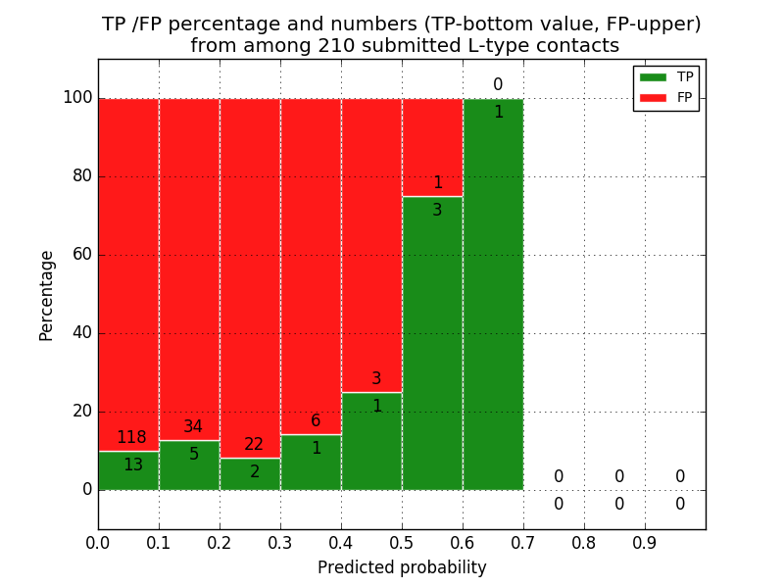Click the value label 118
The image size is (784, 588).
(131, 438)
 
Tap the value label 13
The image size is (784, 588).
(133, 465)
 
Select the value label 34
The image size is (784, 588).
(193, 427)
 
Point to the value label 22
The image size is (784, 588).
(254, 445)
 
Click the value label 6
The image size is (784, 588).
(316, 421)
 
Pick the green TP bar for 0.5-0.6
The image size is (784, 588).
(432, 343)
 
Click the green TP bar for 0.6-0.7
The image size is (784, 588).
(493, 294)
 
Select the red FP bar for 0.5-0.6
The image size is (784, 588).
(432, 147)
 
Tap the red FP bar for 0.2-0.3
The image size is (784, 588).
(250, 274)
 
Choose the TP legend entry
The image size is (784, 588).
(666, 77)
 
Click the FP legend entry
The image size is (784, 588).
(666, 98)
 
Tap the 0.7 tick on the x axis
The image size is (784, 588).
(523, 542)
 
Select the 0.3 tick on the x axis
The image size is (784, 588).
(280, 542)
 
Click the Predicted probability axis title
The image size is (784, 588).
(402, 567)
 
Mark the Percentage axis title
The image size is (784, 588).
(47, 295)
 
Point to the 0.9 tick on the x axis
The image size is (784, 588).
(645, 542)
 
